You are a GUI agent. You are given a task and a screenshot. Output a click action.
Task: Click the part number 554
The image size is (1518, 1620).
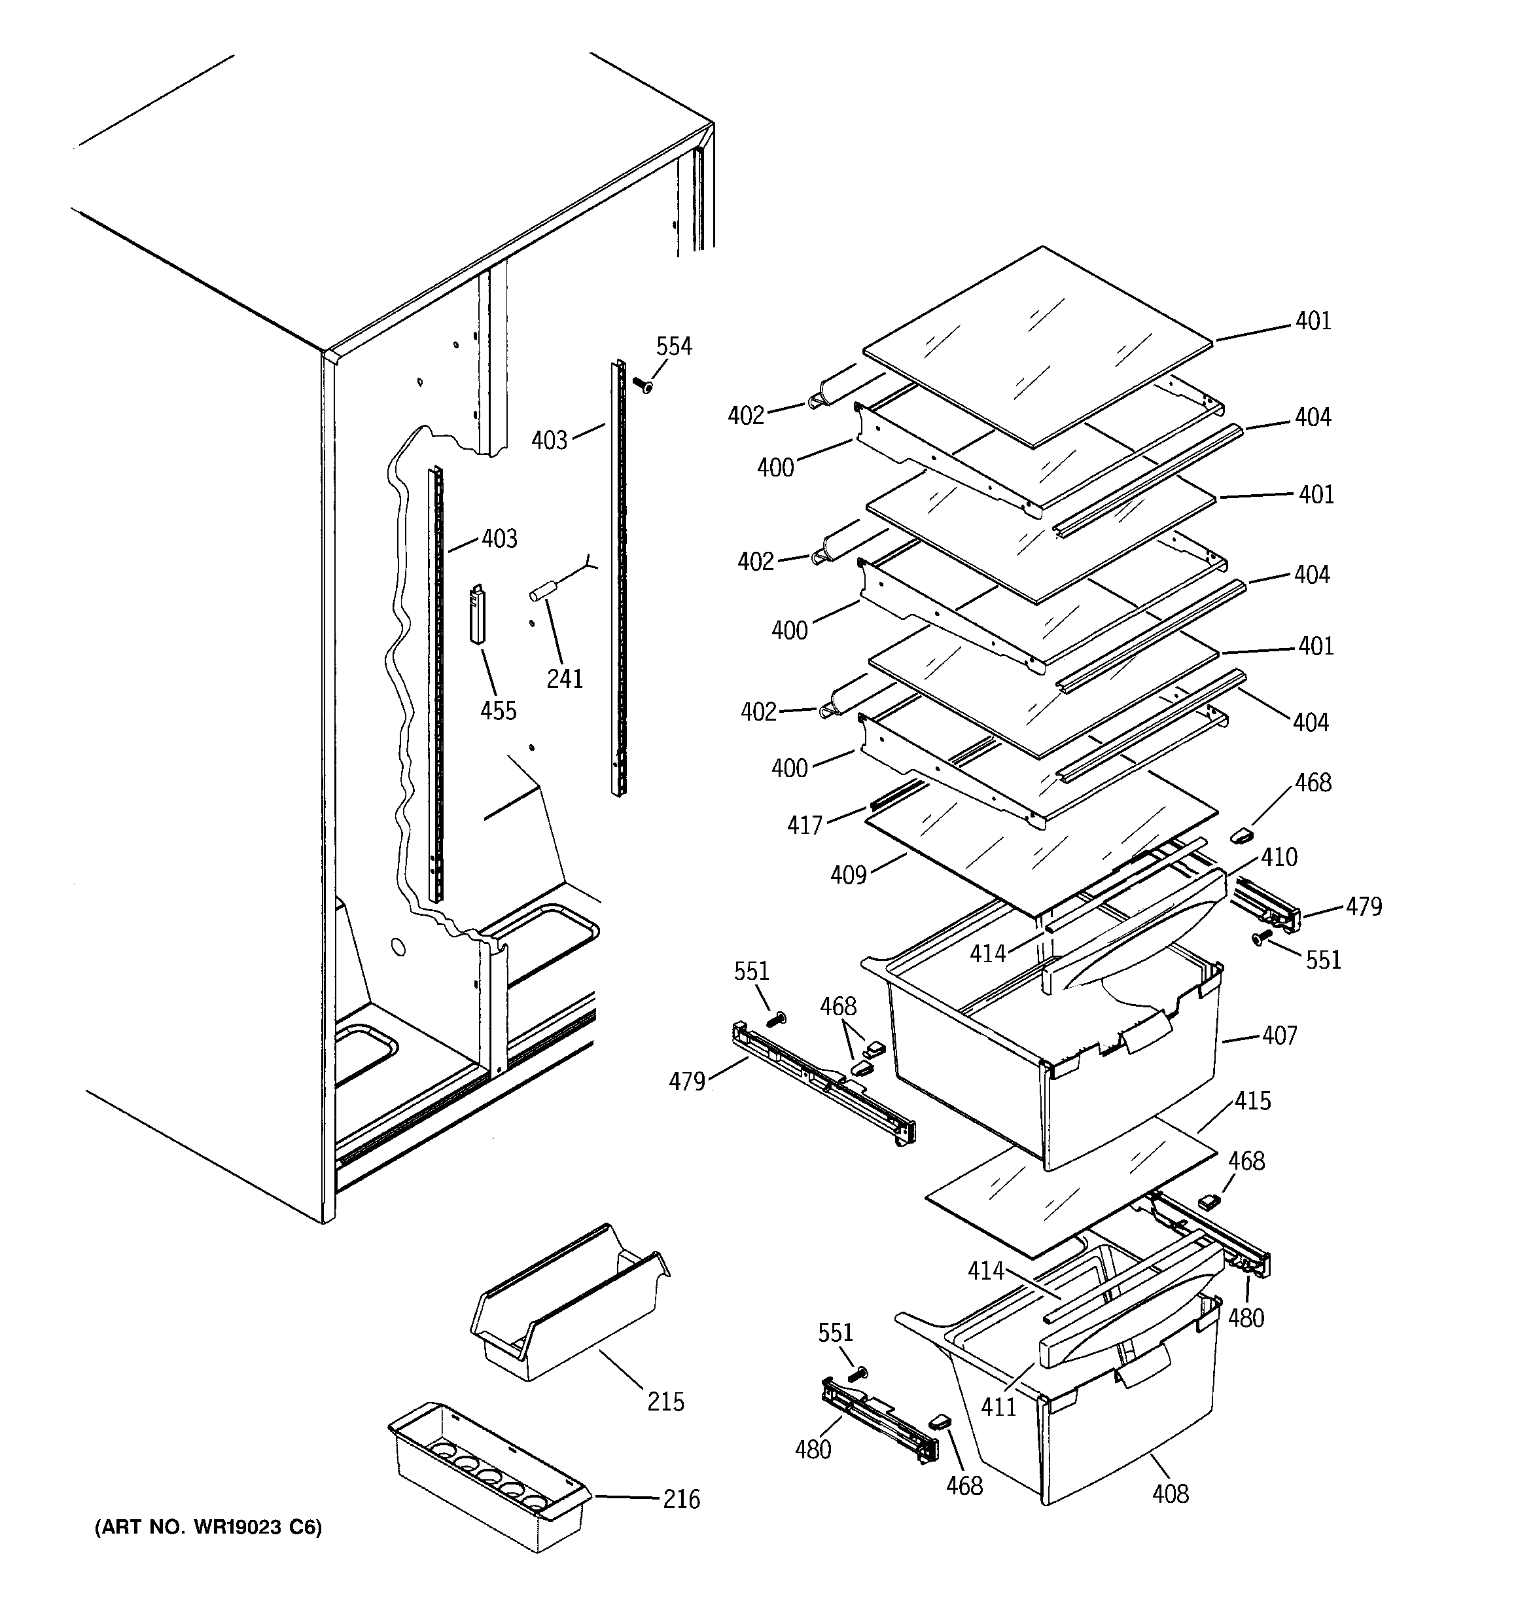[x=674, y=346]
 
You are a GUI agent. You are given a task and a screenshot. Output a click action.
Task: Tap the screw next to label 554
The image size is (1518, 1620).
[x=642, y=383]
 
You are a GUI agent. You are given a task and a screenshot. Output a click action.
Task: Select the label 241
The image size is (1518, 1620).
[x=565, y=678]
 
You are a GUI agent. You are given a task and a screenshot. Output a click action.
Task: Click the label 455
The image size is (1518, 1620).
[x=498, y=711]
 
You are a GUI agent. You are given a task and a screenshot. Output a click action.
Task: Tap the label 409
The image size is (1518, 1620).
[x=848, y=875]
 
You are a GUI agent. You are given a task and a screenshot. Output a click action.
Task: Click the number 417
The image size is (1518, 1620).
[x=804, y=825]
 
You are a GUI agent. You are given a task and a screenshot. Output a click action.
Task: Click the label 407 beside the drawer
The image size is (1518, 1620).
[x=1279, y=1035]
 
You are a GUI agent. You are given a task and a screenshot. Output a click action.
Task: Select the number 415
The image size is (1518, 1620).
[x=1252, y=1101]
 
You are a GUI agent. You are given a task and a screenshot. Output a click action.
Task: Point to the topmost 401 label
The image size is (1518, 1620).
[x=1313, y=321]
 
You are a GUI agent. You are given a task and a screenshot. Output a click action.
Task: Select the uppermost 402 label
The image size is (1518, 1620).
[x=747, y=416]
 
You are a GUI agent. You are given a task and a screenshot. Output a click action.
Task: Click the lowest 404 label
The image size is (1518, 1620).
[x=1310, y=722]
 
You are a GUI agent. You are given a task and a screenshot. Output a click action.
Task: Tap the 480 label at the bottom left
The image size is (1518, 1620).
[x=813, y=1449]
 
